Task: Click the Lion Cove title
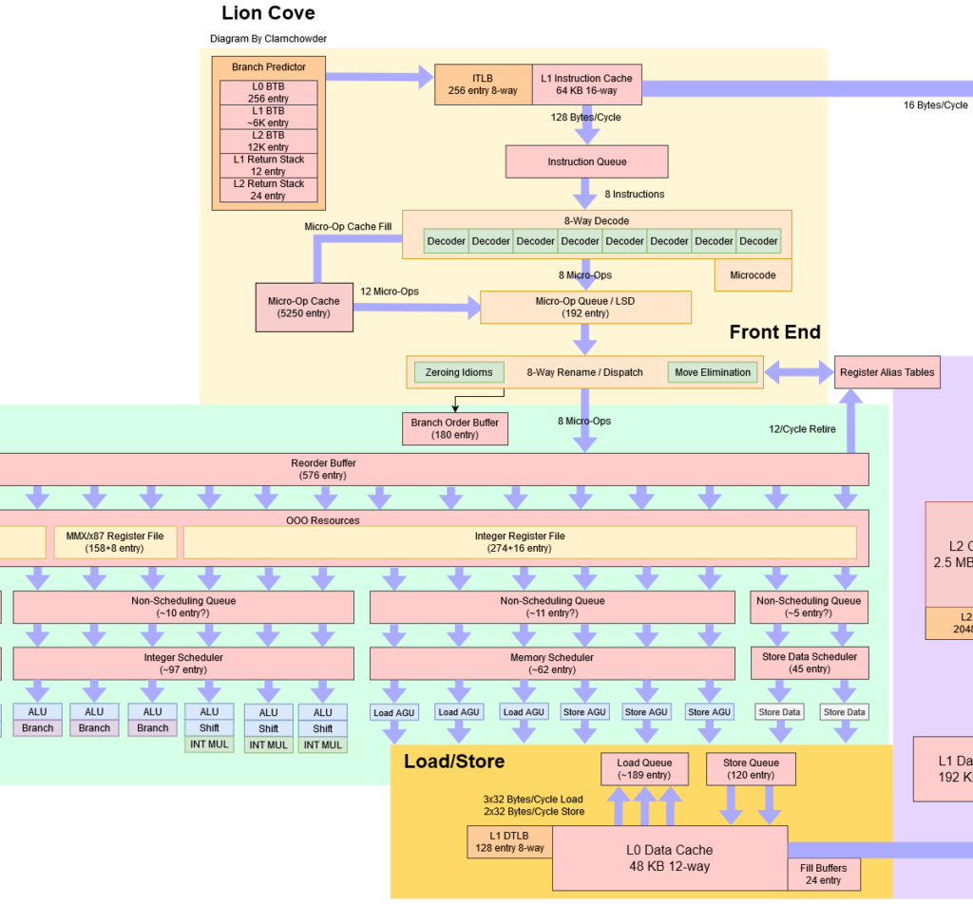click(268, 13)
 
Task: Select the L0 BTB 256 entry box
click(268, 92)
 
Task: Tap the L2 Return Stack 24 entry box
click(268, 190)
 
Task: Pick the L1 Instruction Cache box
click(586, 85)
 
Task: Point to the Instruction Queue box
click(586, 161)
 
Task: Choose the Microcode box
click(753, 275)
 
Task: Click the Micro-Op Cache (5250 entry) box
click(304, 307)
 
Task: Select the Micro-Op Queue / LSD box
click(585, 307)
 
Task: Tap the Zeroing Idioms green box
click(459, 372)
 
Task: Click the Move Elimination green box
click(713, 372)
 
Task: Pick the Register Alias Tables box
click(887, 372)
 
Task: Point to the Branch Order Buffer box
click(454, 428)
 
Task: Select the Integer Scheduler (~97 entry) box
click(183, 663)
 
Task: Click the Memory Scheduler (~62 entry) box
click(551, 663)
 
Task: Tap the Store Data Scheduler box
click(810, 663)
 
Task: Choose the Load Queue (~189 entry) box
click(644, 769)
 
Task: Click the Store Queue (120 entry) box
click(751, 769)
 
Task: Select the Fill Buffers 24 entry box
click(824, 874)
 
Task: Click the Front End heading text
click(774, 331)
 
